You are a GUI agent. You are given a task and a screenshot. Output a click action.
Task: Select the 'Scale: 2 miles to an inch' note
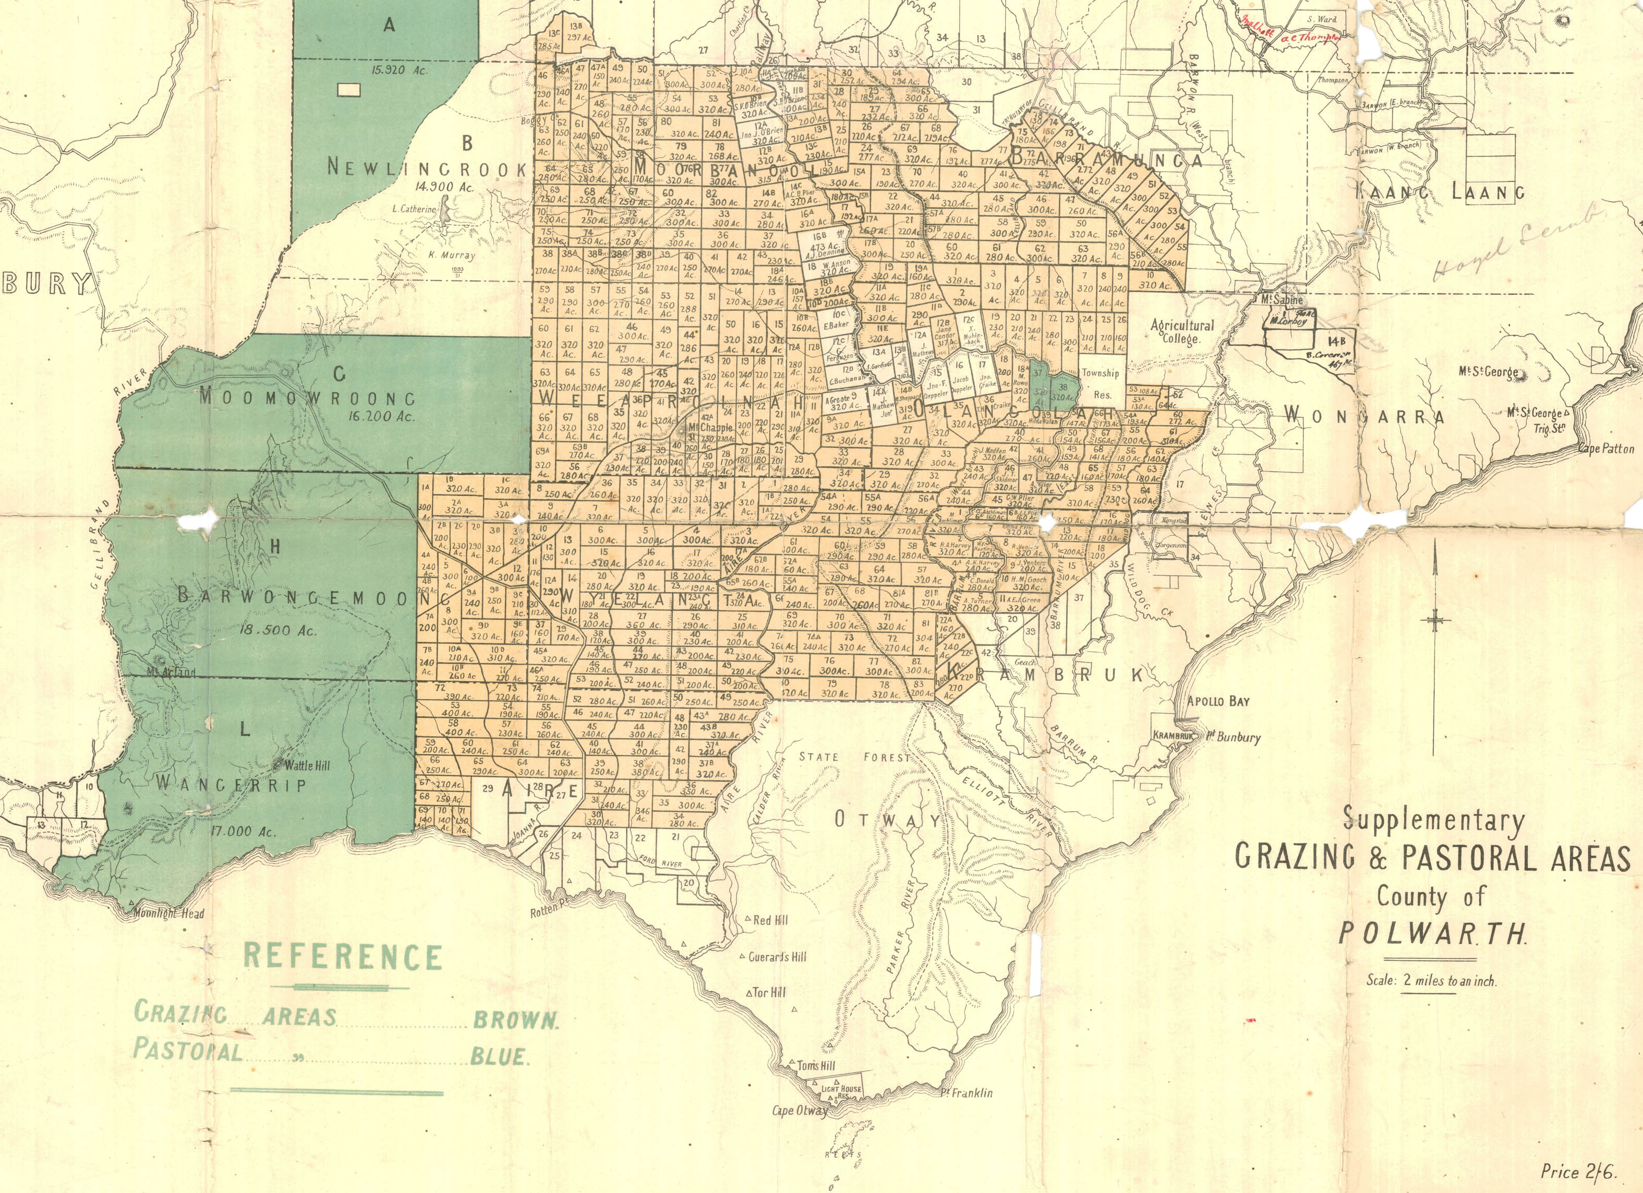coord(1431,981)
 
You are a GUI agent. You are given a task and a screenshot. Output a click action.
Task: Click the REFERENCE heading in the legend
coord(342,956)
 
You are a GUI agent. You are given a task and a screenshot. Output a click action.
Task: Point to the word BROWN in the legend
coord(515,1021)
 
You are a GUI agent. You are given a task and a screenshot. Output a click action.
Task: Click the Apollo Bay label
coord(1218,701)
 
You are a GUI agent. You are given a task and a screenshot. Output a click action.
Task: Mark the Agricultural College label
coord(1181,331)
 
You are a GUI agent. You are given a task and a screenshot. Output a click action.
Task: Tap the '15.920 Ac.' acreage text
coord(399,71)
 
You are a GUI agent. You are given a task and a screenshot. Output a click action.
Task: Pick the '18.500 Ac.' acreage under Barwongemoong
coord(278,630)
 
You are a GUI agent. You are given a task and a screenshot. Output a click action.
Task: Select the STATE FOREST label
coord(854,757)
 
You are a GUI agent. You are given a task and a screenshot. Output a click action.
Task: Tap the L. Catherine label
coord(414,209)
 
